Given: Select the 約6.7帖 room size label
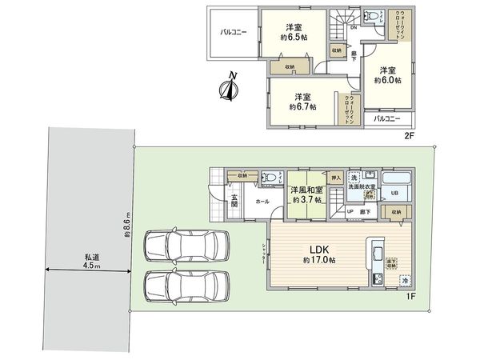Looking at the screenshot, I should [302, 106].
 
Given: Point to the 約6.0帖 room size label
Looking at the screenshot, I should [388, 80].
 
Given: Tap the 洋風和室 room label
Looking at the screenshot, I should [307, 190].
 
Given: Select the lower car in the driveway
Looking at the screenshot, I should [186, 284].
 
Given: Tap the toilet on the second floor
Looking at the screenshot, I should [373, 15].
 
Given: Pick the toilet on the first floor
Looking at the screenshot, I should [270, 178].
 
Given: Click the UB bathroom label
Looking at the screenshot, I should [394, 193].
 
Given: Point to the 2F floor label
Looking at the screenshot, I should [409, 137].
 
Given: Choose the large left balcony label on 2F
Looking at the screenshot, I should [233, 33].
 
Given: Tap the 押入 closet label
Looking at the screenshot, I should [336, 178].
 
